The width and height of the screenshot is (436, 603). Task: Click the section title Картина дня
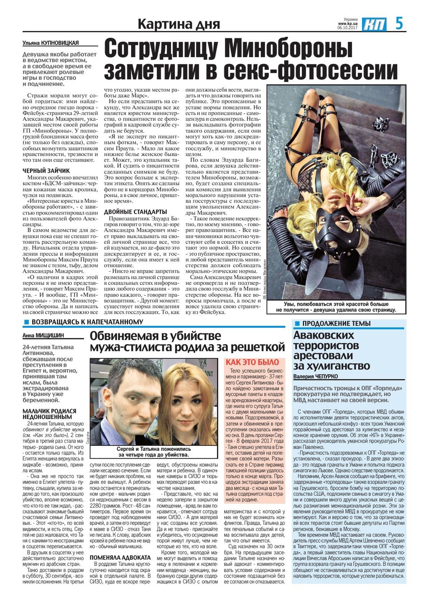pyautogui.click(x=178, y=24)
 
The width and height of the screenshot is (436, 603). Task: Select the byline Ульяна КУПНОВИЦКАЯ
pyautogui.click(x=51, y=43)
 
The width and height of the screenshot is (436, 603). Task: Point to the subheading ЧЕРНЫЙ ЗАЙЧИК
pyautogui.click(x=46, y=171)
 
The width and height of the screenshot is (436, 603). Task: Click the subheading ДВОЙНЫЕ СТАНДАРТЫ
pyautogui.click(x=135, y=212)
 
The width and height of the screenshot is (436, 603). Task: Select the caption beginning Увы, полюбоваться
pyautogui.click(x=336, y=307)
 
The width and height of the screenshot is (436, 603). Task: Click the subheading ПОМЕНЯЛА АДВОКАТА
pyautogui.click(x=120, y=557)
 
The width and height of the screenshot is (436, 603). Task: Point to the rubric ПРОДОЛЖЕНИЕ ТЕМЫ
pyautogui.click(x=336, y=323)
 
